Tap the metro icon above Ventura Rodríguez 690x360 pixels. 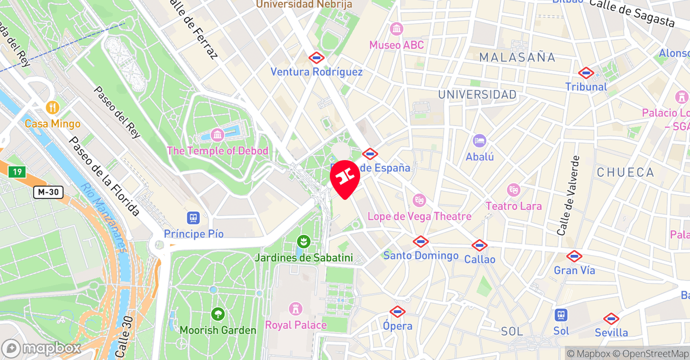point(316,58)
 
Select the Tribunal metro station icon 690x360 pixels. point(586,73)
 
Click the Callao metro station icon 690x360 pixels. point(479,246)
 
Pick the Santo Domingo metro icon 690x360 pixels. point(420,241)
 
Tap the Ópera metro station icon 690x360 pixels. point(397,311)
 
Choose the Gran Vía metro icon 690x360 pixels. point(574,257)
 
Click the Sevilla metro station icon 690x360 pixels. point(611,319)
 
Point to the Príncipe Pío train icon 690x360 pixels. point(194,218)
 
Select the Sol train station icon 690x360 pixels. point(561,315)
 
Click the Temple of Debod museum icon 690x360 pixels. point(218,134)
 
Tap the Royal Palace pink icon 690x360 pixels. point(295,309)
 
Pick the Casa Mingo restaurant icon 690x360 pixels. point(52,107)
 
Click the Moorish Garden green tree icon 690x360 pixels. point(218,314)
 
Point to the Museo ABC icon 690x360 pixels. point(397,29)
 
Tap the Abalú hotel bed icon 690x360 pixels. point(479,141)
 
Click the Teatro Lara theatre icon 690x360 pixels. point(513,190)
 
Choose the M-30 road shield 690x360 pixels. point(49,192)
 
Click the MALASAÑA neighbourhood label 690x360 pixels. point(517,57)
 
